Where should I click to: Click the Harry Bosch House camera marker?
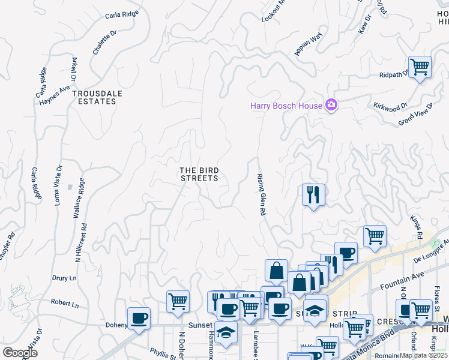point(331,105)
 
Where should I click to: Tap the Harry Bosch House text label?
point(286,106)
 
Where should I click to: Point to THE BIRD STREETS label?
point(199,174)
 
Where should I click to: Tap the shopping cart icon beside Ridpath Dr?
point(420,67)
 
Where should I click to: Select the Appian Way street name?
point(309,44)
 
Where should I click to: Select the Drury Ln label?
point(64,278)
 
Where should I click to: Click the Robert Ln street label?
point(65,304)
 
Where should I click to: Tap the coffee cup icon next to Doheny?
point(139,318)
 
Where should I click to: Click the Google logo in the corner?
point(20,353)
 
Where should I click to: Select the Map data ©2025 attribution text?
point(424,355)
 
